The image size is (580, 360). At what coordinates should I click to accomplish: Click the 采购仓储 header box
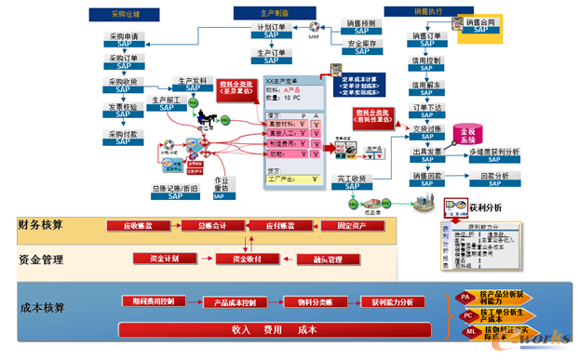(x=119, y=15)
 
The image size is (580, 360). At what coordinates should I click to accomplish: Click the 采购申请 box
(x=124, y=41)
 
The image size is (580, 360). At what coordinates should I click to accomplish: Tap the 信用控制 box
(x=426, y=65)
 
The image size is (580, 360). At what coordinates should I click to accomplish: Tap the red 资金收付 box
(x=239, y=260)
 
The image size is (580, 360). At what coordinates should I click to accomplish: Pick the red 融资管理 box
(x=321, y=260)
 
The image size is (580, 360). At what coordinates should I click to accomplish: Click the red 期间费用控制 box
(x=155, y=301)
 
